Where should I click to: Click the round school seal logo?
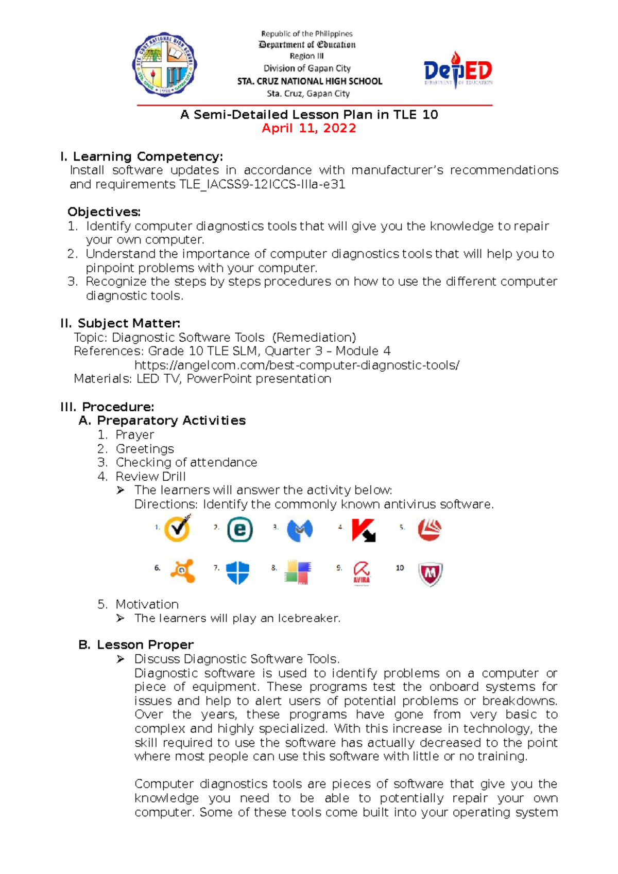165,64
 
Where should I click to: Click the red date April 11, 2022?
308,128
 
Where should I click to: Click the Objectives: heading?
104,212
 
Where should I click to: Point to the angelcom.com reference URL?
297,365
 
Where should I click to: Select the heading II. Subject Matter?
121,323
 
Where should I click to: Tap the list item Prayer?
135,435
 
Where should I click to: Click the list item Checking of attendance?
186,462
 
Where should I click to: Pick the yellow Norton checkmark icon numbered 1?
177,528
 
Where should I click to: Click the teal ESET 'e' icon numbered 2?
240,530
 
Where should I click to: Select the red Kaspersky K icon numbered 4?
363,530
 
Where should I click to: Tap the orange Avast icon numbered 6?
183,570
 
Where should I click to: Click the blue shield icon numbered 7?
237,572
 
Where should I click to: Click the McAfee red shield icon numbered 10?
430,574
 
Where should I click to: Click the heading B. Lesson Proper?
136,644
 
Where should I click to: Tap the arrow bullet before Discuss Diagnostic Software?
121,659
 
